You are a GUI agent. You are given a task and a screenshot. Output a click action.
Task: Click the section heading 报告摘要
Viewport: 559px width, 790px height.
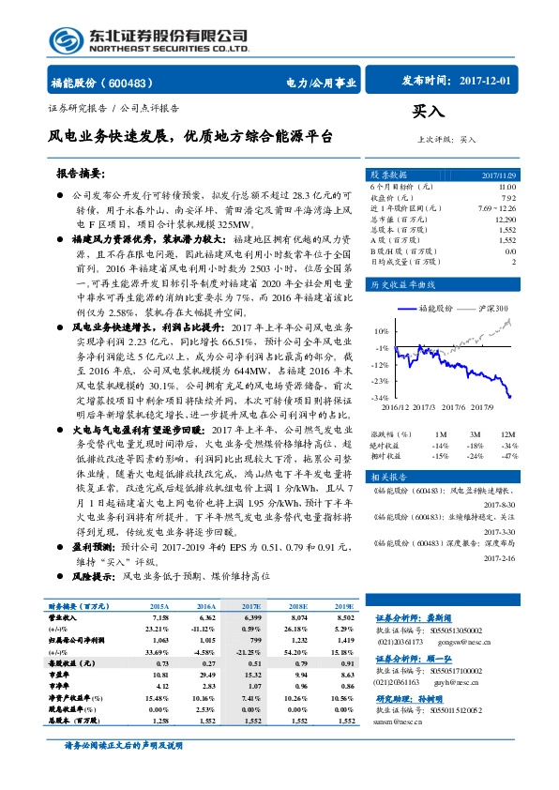tap(81, 175)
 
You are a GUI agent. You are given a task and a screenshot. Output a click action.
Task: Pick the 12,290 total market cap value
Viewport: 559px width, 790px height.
tap(503, 219)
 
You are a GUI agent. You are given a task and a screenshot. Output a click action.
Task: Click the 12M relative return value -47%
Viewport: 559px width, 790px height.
tap(509, 455)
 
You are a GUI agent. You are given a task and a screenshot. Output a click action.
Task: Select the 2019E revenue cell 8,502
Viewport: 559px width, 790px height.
tap(344, 618)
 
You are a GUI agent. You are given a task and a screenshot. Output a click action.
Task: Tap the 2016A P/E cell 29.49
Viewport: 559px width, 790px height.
tap(204, 675)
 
